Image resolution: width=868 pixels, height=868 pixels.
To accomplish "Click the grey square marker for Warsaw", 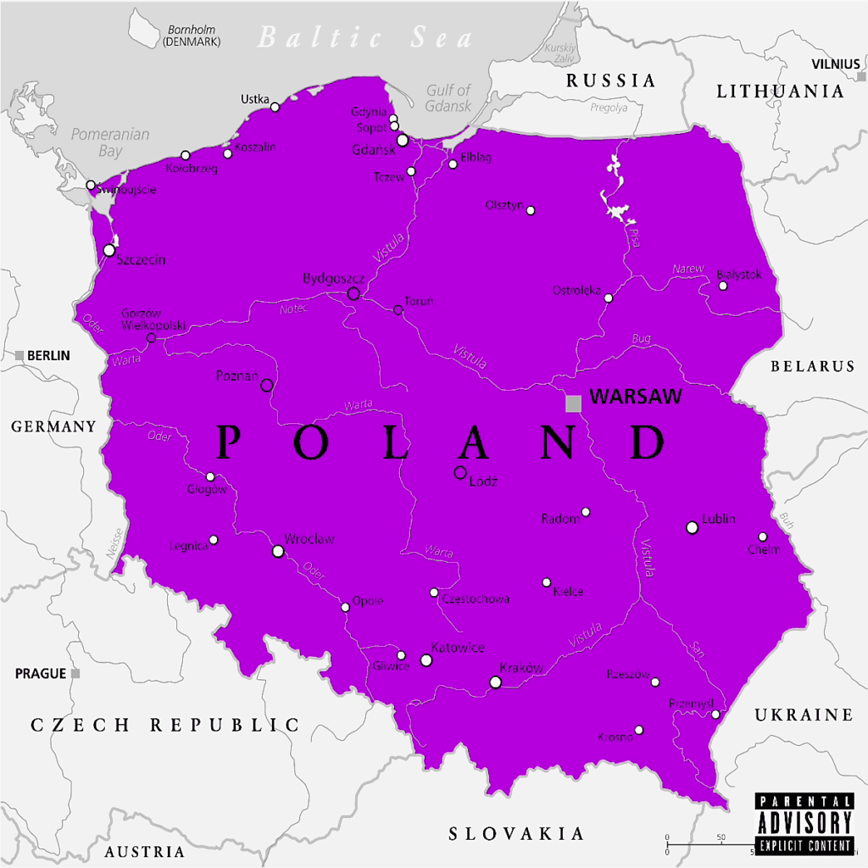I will tap(574, 403).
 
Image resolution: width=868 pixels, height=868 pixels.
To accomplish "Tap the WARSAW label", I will tap(636, 396).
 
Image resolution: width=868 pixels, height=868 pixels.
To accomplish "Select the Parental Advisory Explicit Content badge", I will tap(804, 823).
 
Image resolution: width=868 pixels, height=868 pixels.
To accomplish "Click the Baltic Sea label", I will tap(365, 38).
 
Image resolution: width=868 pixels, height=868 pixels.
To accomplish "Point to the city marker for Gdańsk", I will tap(403, 141).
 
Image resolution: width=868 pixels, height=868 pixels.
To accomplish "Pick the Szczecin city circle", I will tap(109, 251).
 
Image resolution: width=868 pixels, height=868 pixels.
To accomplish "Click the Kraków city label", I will tap(520, 668).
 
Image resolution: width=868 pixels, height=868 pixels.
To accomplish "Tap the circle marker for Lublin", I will tap(692, 527).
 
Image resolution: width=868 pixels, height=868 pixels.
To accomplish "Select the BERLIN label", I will tap(48, 356).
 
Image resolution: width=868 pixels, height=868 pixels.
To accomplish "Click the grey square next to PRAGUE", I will tap(75, 674).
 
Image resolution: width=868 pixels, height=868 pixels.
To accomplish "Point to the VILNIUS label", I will tap(835, 64).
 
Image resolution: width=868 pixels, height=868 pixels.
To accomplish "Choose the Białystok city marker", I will tap(723, 286).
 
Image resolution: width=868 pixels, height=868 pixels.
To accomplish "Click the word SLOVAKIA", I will tap(516, 833).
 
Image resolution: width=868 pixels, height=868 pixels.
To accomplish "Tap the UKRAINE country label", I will tap(804, 715).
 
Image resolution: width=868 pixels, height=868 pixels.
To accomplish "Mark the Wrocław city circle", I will tap(278, 551).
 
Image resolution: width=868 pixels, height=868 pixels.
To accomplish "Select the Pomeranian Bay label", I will tap(110, 142).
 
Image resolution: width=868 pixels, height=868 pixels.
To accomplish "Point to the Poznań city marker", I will tap(266, 386).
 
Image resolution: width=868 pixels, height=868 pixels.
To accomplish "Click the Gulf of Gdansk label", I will tap(448, 97).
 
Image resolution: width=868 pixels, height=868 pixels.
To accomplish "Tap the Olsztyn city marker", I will tap(531, 210).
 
